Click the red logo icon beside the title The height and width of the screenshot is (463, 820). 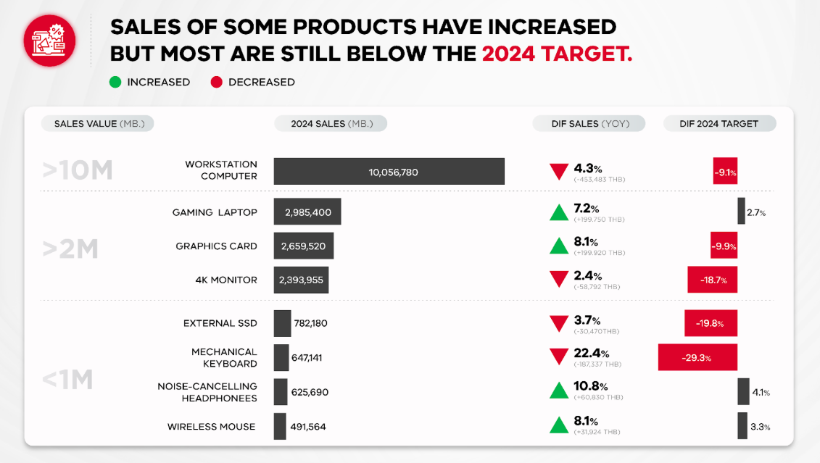coord(49,40)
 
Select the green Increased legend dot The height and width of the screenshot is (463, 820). coord(115,83)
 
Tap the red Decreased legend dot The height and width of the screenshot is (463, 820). coord(216,83)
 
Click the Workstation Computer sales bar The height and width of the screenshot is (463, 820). coord(389,172)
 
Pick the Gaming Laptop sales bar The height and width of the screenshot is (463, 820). coord(307,212)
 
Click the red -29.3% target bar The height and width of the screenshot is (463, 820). coord(697,357)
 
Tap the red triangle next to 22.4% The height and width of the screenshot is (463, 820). coord(558,356)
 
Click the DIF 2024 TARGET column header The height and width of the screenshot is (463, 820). coord(719,123)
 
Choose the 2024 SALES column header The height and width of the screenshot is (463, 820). coord(331,123)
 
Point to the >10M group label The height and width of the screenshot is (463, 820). coord(78,170)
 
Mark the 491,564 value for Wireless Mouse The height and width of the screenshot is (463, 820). coord(308,427)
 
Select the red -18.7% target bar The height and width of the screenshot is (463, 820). coord(712,280)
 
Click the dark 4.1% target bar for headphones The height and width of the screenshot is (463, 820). coord(743,392)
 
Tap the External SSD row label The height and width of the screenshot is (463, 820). coord(220,323)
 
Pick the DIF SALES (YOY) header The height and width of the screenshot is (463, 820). coord(590,123)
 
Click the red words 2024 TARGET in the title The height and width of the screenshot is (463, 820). coord(556,54)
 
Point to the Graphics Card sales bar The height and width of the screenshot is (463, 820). coord(304,246)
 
